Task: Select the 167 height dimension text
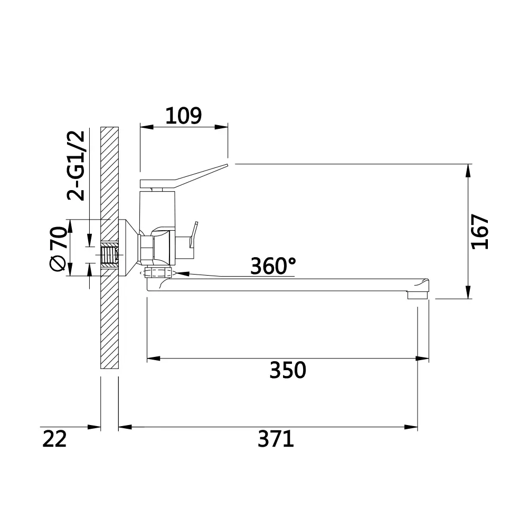click(480, 231)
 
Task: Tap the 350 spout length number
click(288, 370)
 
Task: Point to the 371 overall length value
click(276, 439)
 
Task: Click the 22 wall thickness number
click(54, 439)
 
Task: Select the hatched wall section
click(110, 317)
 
